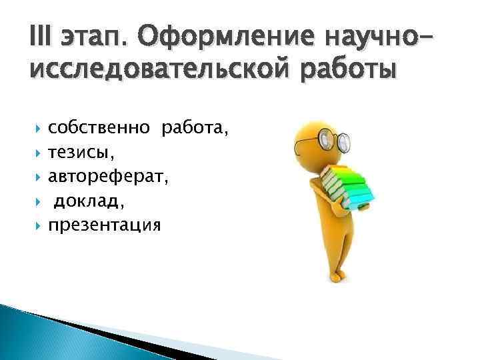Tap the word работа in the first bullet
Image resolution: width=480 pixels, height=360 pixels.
point(193,128)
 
